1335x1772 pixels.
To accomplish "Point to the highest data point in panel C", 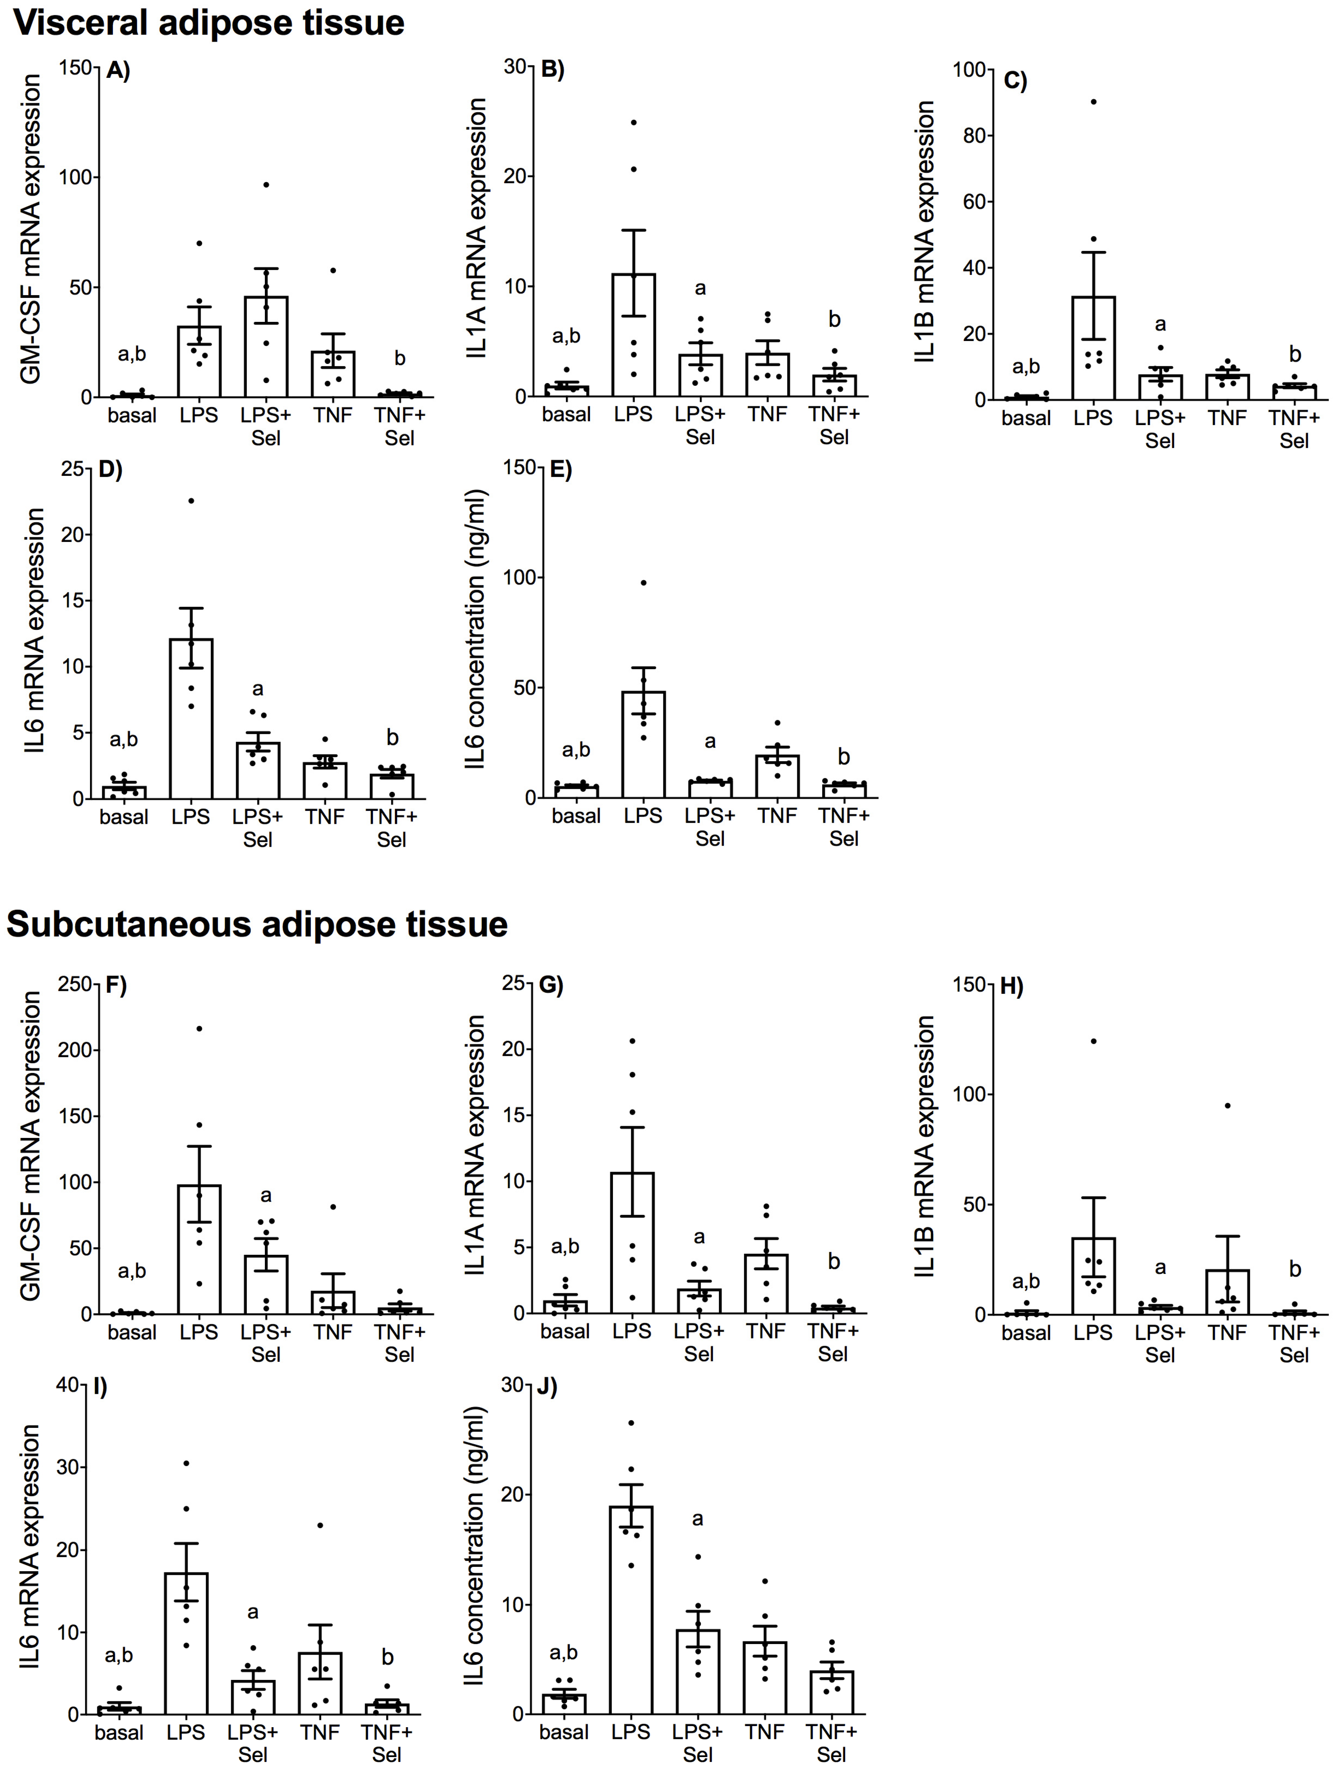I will [1093, 102].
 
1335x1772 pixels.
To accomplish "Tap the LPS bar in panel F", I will [199, 1250].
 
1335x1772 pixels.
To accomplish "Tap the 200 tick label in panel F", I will [74, 1050].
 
